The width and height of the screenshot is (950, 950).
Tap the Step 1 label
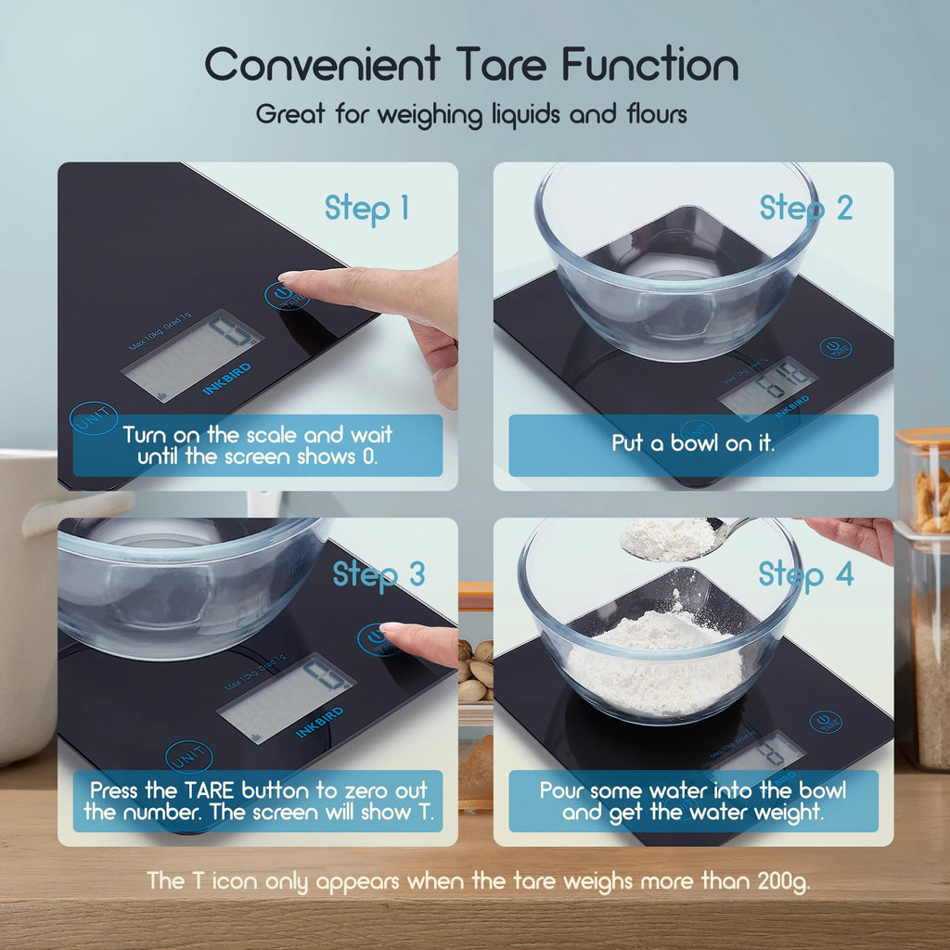coord(366,208)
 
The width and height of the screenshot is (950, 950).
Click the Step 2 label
coord(805,208)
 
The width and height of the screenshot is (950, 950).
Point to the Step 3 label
coord(379,574)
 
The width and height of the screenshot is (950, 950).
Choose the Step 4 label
coord(805,574)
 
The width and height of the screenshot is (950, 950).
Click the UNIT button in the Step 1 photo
coord(93,419)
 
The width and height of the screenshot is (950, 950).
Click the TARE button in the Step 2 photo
coord(835,349)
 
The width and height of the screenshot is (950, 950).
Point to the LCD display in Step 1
coord(192,353)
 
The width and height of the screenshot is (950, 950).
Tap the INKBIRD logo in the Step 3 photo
coord(320,723)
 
